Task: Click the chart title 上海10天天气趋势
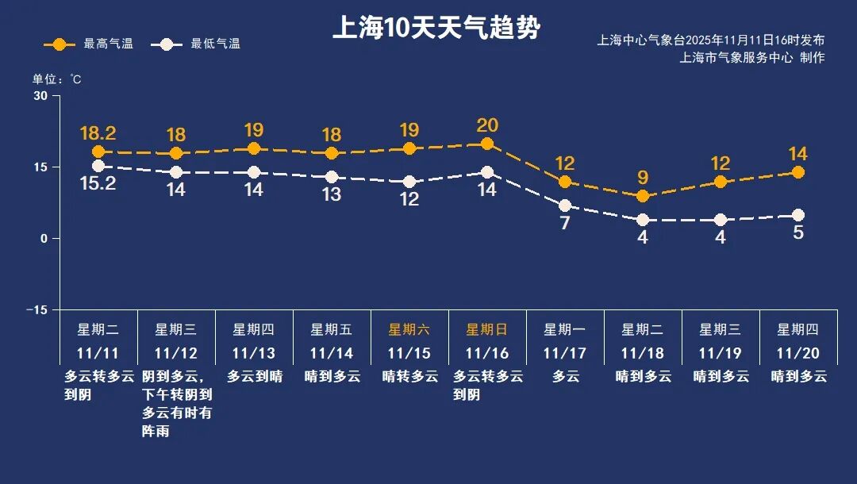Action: pyautogui.click(x=436, y=29)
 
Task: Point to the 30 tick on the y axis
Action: pyautogui.click(x=40, y=96)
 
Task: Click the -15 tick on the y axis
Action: pyautogui.click(x=37, y=309)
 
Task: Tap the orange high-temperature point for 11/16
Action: pyautogui.click(x=487, y=144)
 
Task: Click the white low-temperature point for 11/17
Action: pyautogui.click(x=565, y=206)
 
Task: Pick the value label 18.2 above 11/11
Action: pyautogui.click(x=98, y=133)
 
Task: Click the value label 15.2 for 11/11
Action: pyautogui.click(x=98, y=184)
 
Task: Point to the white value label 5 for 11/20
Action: pyautogui.click(x=798, y=233)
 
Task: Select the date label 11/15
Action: pyautogui.click(x=409, y=353)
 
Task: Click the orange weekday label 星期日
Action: pyautogui.click(x=487, y=329)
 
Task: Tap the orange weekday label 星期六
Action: pyautogui.click(x=409, y=329)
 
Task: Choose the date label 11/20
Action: pyautogui.click(x=798, y=353)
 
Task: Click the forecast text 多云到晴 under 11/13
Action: pyautogui.click(x=255, y=376)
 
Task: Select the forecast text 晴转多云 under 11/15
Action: pyautogui.click(x=409, y=376)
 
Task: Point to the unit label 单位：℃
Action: pyautogui.click(x=56, y=79)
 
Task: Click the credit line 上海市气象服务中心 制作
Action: pyautogui.click(x=752, y=58)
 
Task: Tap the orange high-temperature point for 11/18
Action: pyautogui.click(x=643, y=196)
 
